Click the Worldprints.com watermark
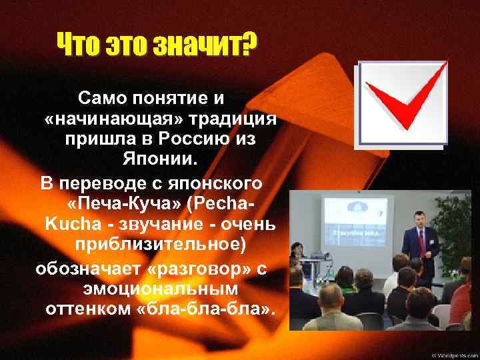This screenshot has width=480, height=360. [453, 353]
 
